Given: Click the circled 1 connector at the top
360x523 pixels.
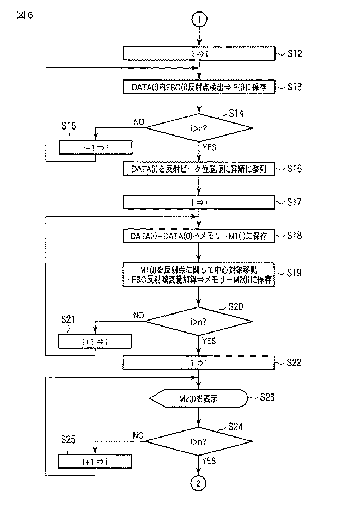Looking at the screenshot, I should point(199,19).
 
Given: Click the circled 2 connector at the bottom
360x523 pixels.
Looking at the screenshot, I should point(199,483).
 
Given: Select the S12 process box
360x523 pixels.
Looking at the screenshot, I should point(199,53).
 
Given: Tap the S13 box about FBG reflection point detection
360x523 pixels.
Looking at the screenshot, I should point(199,87).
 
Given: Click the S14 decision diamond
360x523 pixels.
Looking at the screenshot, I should point(199,128).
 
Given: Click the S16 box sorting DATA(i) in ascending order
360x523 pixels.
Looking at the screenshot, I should point(199,169).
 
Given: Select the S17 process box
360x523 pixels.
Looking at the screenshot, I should point(199,202).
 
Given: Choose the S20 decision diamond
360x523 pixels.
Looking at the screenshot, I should point(199,322).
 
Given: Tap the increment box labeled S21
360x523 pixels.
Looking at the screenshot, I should point(95,342).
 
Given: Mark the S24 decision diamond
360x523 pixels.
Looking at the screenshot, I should point(199,441).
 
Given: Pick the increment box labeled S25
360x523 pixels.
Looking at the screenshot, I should point(95,462).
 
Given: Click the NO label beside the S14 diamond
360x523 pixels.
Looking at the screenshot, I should point(139,122).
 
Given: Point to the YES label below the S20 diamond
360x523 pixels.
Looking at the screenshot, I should point(209,341).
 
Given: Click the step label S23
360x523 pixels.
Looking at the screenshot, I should point(267,397).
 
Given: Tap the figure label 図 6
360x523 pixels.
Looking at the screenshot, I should point(25,15).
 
